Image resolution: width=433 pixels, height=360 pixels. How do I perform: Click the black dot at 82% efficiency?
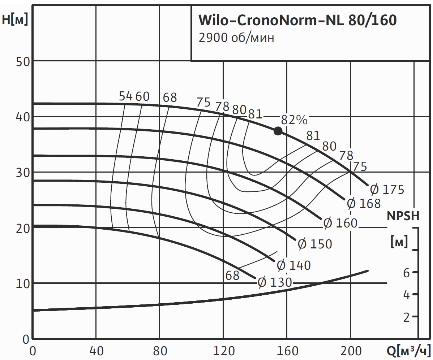coord(278,131)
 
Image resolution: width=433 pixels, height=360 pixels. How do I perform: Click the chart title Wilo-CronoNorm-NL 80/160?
coord(297,21)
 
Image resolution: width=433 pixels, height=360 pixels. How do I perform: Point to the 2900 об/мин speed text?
coord(236,38)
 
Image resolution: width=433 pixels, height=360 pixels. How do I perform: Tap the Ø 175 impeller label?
coord(387,189)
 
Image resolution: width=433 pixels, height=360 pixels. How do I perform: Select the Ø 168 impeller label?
coord(364,204)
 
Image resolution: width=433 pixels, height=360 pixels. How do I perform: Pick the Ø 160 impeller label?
coord(340,223)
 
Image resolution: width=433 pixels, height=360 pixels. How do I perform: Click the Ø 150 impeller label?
coord(315,244)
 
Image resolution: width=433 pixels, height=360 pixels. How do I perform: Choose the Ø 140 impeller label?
coord(293,265)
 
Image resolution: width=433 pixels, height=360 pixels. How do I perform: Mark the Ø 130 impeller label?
coord(274,283)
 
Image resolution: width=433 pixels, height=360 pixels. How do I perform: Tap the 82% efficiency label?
coord(294,120)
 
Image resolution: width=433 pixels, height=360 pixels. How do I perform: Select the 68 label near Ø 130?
coord(232,276)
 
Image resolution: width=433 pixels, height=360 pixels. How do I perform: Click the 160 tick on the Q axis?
coord(287,351)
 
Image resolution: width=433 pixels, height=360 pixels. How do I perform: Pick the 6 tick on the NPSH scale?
coord(406,273)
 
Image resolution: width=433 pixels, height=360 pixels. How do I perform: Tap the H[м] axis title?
coord(15,19)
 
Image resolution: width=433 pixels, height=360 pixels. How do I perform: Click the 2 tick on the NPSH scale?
coord(406,317)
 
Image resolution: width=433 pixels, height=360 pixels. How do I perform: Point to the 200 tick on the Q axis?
coord(350,351)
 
